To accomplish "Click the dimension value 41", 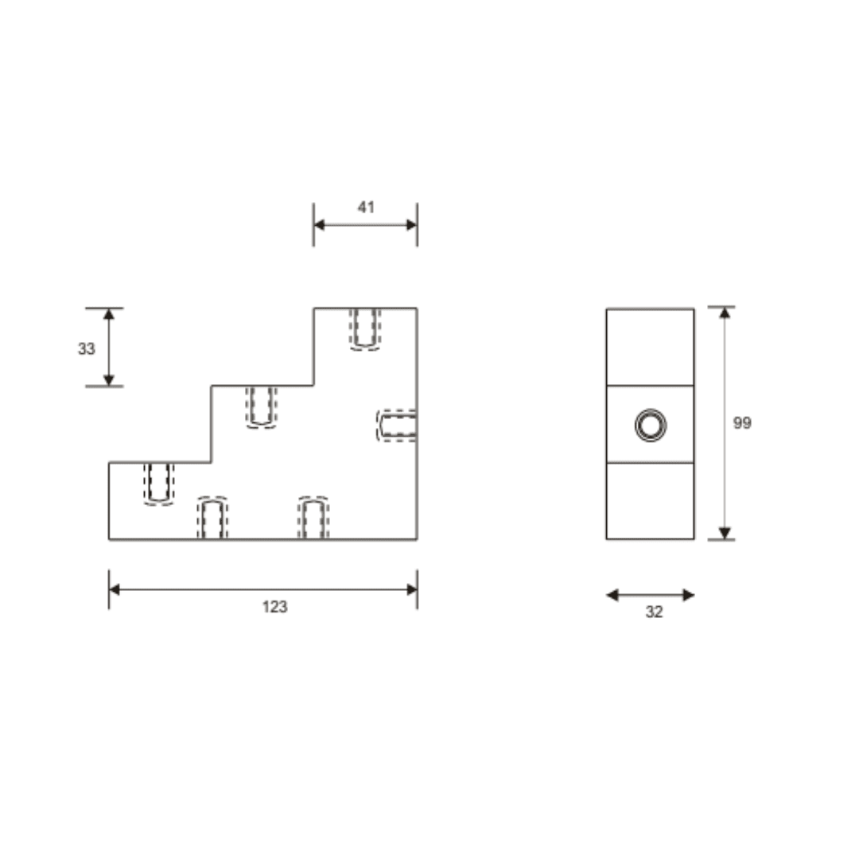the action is (x=366, y=207).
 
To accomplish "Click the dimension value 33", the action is (x=87, y=348).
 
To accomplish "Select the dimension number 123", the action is (x=274, y=606).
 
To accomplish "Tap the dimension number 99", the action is (x=742, y=423).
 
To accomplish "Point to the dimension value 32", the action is (x=654, y=612).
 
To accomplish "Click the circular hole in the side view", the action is (x=651, y=425).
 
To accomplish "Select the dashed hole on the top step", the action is (x=365, y=328).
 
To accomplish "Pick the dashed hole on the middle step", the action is (x=262, y=406).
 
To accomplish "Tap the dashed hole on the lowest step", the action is (x=159, y=484).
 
